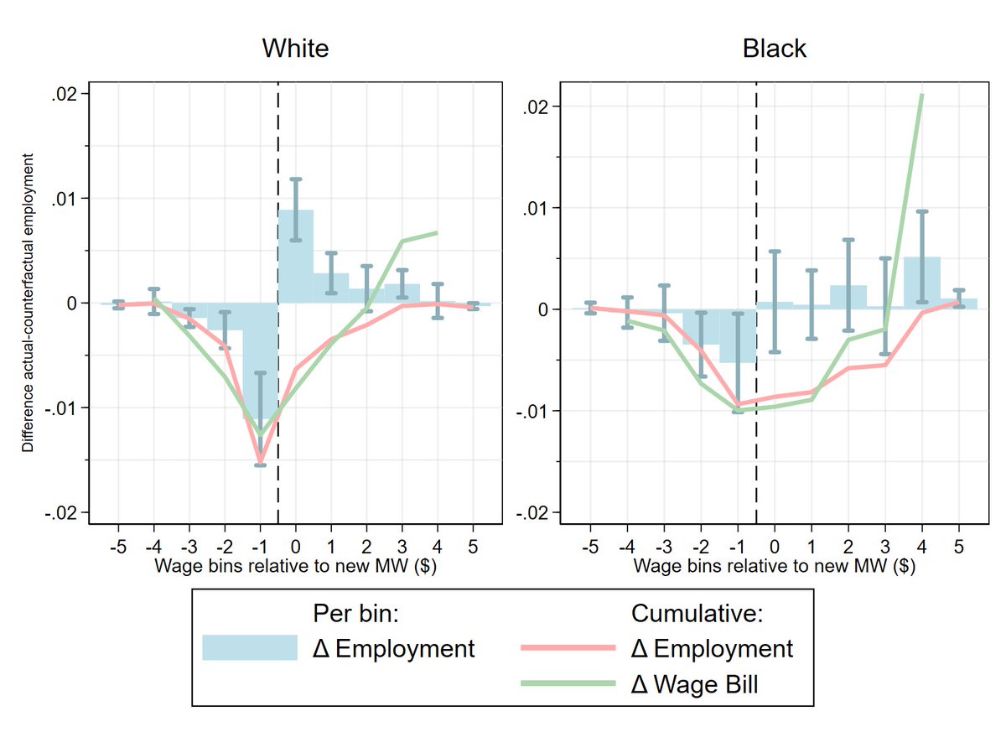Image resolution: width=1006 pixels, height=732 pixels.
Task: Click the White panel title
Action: pos(295,49)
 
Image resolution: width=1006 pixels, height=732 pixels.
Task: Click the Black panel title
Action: pos(775,49)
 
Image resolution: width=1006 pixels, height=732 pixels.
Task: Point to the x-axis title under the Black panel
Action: pos(774,566)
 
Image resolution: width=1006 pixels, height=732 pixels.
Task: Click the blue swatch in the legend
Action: pos(250,648)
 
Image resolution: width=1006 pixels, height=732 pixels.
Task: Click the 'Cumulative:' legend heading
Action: pos(696,613)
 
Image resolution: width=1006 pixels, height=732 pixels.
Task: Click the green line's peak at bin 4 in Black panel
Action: pos(922,95)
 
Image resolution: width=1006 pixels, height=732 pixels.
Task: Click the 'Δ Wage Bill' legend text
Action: pos(694,684)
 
